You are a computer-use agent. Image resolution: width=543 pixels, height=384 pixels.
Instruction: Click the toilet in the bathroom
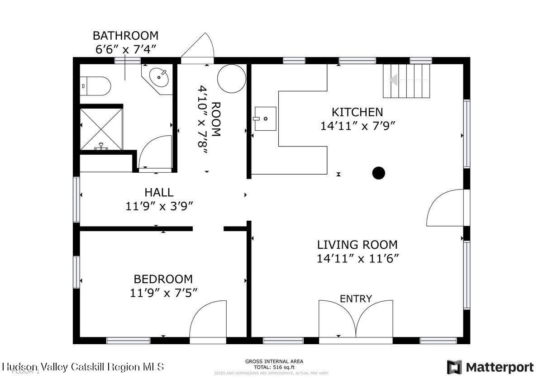point(96,85)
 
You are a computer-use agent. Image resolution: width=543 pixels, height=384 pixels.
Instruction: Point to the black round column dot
point(378,173)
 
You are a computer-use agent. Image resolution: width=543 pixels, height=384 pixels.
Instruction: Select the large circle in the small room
point(231,79)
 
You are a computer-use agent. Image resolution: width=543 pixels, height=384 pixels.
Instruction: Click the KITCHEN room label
point(357,112)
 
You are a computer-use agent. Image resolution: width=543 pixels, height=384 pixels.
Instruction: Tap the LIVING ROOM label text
point(357,245)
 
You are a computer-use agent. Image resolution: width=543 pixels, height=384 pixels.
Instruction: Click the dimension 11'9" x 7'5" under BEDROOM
point(163,293)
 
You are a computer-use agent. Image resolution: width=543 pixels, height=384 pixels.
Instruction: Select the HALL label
point(159,193)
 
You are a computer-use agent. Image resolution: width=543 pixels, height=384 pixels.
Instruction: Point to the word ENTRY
point(356,299)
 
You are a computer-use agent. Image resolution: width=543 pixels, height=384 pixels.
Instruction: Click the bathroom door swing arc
point(154,152)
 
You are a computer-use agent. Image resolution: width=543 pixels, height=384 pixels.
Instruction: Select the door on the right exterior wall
point(445,208)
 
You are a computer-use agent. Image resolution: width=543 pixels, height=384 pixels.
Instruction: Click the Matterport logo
point(490,367)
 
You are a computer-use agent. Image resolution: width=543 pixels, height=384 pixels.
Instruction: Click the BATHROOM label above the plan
point(125,35)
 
